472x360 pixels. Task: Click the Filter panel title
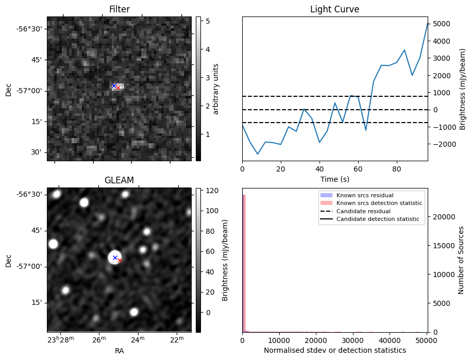[119, 9]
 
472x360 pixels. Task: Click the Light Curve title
[334, 9]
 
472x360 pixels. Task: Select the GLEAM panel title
[119, 180]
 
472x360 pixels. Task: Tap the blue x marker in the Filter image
[114, 85]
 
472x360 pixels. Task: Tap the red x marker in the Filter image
[118, 88]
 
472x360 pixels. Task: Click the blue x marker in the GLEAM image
[115, 258]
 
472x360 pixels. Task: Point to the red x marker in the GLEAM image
[120, 261]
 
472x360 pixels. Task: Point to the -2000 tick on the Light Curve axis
[443, 144]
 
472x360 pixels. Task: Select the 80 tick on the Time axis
[396, 168]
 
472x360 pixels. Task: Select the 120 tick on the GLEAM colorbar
[211, 191]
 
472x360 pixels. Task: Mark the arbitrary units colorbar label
[216, 89]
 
